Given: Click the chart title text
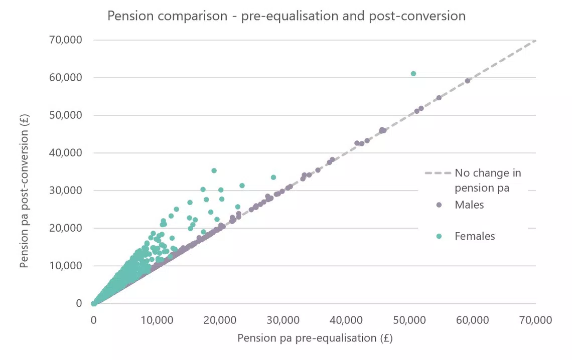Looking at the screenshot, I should click(x=287, y=16).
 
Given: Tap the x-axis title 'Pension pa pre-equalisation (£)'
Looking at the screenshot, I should click(x=315, y=338).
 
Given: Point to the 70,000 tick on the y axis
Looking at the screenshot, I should click(x=65, y=40).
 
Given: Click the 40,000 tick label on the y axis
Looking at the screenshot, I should click(x=65, y=153).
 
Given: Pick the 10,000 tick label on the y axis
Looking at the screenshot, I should click(x=65, y=266).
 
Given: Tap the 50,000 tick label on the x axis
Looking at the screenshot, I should click(x=409, y=320).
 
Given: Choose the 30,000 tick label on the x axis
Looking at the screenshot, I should click(x=283, y=320).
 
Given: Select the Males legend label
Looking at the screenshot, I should click(x=469, y=205).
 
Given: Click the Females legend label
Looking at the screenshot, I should click(x=475, y=236).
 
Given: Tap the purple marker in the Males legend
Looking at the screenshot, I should click(x=439, y=205).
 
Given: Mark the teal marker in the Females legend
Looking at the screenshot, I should click(x=439, y=236).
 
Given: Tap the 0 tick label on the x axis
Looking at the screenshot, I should click(x=94, y=320).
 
